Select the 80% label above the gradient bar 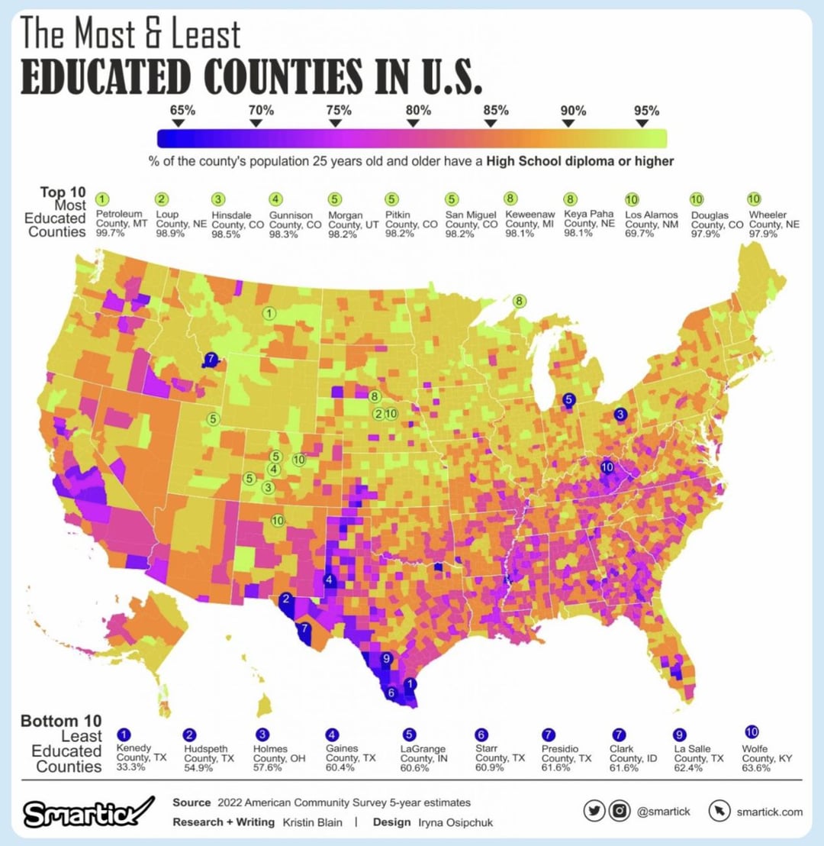[x=417, y=110]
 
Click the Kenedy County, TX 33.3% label [x=132, y=758]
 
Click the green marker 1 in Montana [x=269, y=313]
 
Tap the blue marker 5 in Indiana [x=568, y=399]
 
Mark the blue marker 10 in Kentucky [x=607, y=467]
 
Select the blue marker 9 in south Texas [x=386, y=658]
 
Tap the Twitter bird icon [x=594, y=812]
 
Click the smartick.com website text [x=769, y=812]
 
